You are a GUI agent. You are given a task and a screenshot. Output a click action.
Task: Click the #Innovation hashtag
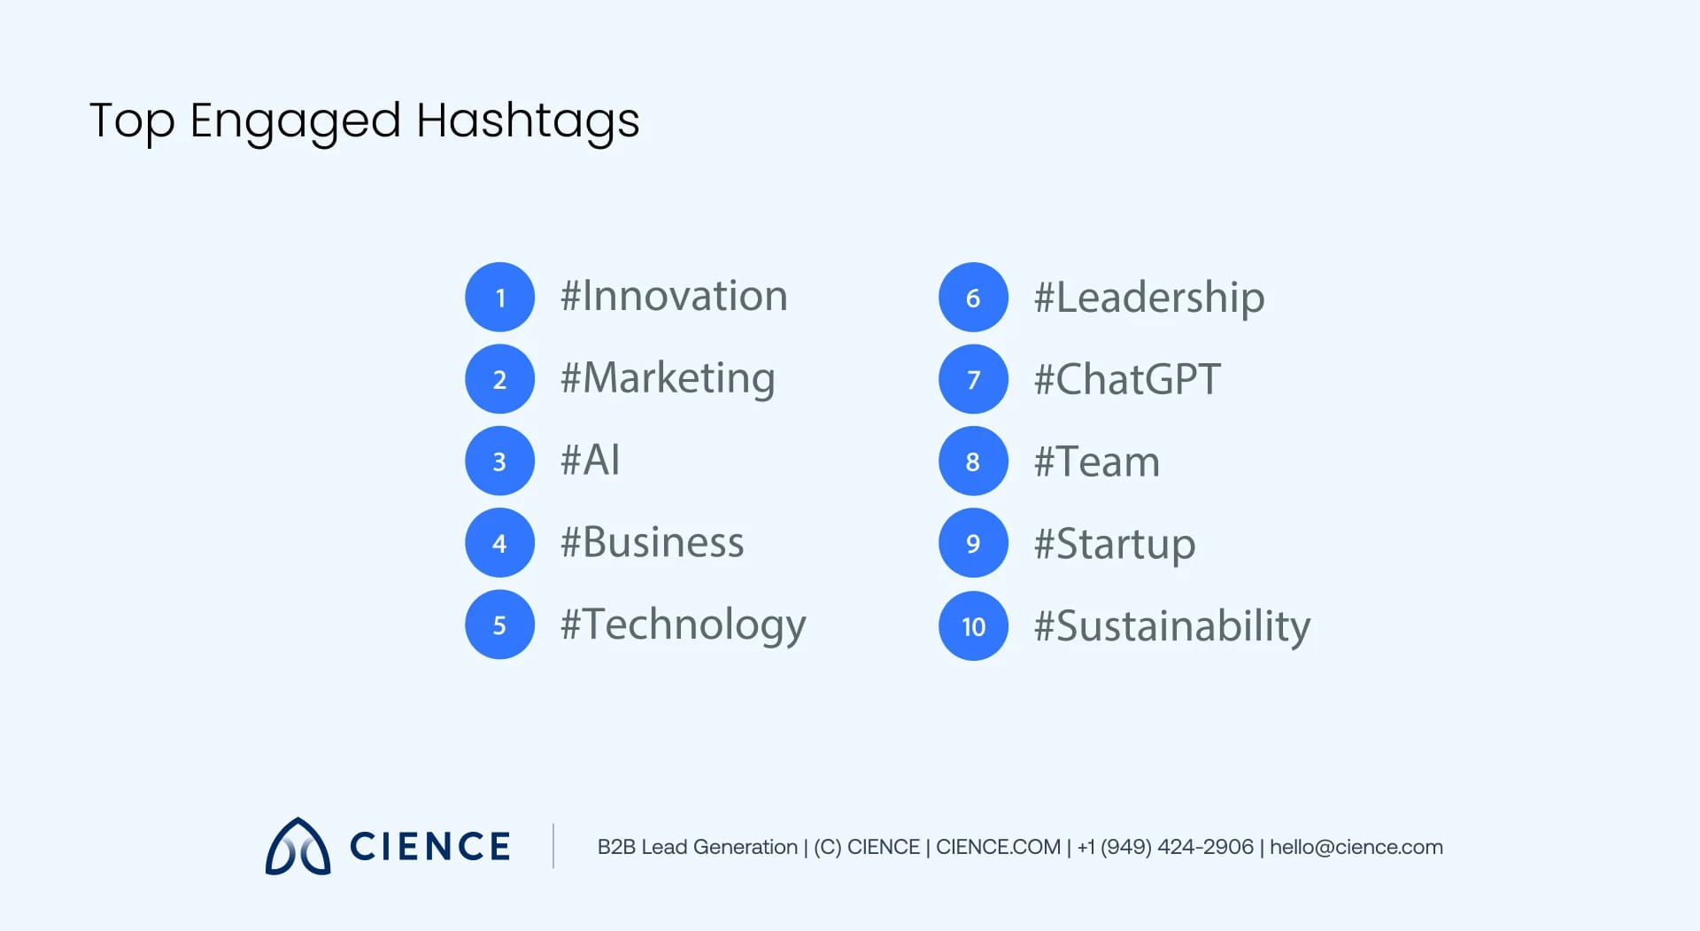(x=674, y=296)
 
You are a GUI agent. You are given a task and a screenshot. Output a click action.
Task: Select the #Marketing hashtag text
(x=668, y=379)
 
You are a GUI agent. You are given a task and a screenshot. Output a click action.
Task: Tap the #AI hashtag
(x=590, y=460)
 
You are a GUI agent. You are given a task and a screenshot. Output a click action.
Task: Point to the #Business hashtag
(x=652, y=542)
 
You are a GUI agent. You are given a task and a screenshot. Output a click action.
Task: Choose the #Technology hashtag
(x=683, y=625)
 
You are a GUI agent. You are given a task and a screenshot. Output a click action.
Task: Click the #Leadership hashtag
(x=1148, y=298)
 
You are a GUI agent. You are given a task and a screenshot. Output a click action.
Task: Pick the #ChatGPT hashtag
(x=1127, y=380)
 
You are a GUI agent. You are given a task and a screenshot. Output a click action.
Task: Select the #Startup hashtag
(x=1115, y=544)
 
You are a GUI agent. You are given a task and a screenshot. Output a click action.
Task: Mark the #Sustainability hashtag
(x=1171, y=626)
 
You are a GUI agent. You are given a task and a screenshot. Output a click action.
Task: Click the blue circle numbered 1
(x=499, y=297)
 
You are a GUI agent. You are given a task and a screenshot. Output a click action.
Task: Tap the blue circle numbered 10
(x=973, y=626)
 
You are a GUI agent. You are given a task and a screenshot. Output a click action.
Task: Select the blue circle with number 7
(x=973, y=379)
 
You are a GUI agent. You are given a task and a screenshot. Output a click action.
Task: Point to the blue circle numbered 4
(x=499, y=542)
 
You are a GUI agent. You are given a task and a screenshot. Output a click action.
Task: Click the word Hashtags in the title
(x=528, y=120)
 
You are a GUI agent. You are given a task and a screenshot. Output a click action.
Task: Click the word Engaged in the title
(x=295, y=120)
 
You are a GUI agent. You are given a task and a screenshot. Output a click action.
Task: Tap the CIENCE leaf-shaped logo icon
(x=297, y=847)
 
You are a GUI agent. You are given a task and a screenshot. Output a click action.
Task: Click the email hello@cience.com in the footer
(x=1356, y=847)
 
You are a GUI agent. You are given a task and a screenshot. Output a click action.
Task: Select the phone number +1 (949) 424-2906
(x=1165, y=847)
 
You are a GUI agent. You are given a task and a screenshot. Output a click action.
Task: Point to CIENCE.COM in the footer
(x=998, y=847)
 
